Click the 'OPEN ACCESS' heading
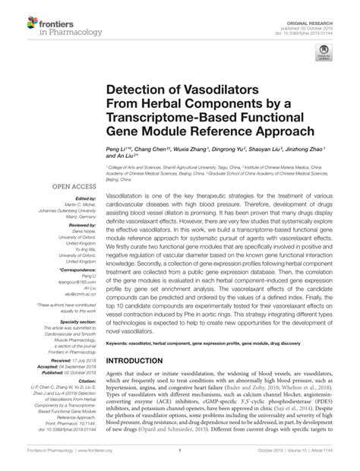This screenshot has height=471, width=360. [73, 187]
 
